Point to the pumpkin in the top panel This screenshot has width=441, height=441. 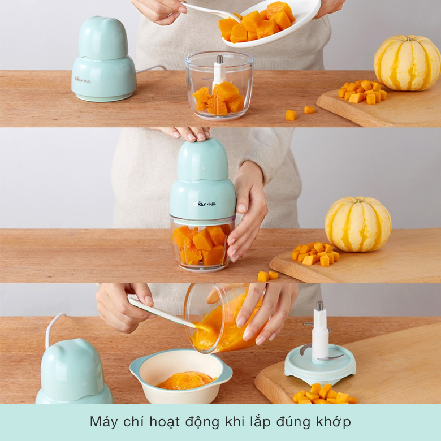tap(407, 63)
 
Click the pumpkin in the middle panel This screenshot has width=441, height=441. tap(358, 224)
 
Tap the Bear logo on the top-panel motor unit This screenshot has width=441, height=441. tap(83, 80)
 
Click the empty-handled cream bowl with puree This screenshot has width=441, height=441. tap(181, 375)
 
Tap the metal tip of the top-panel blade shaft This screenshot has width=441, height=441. tap(220, 59)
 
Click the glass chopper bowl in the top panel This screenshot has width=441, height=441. tap(219, 85)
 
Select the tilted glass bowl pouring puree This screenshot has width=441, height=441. tap(225, 317)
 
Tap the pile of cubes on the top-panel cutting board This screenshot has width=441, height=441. tap(362, 92)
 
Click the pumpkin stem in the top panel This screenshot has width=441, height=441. tap(409, 38)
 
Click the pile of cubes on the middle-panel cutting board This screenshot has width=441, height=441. tap(315, 253)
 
